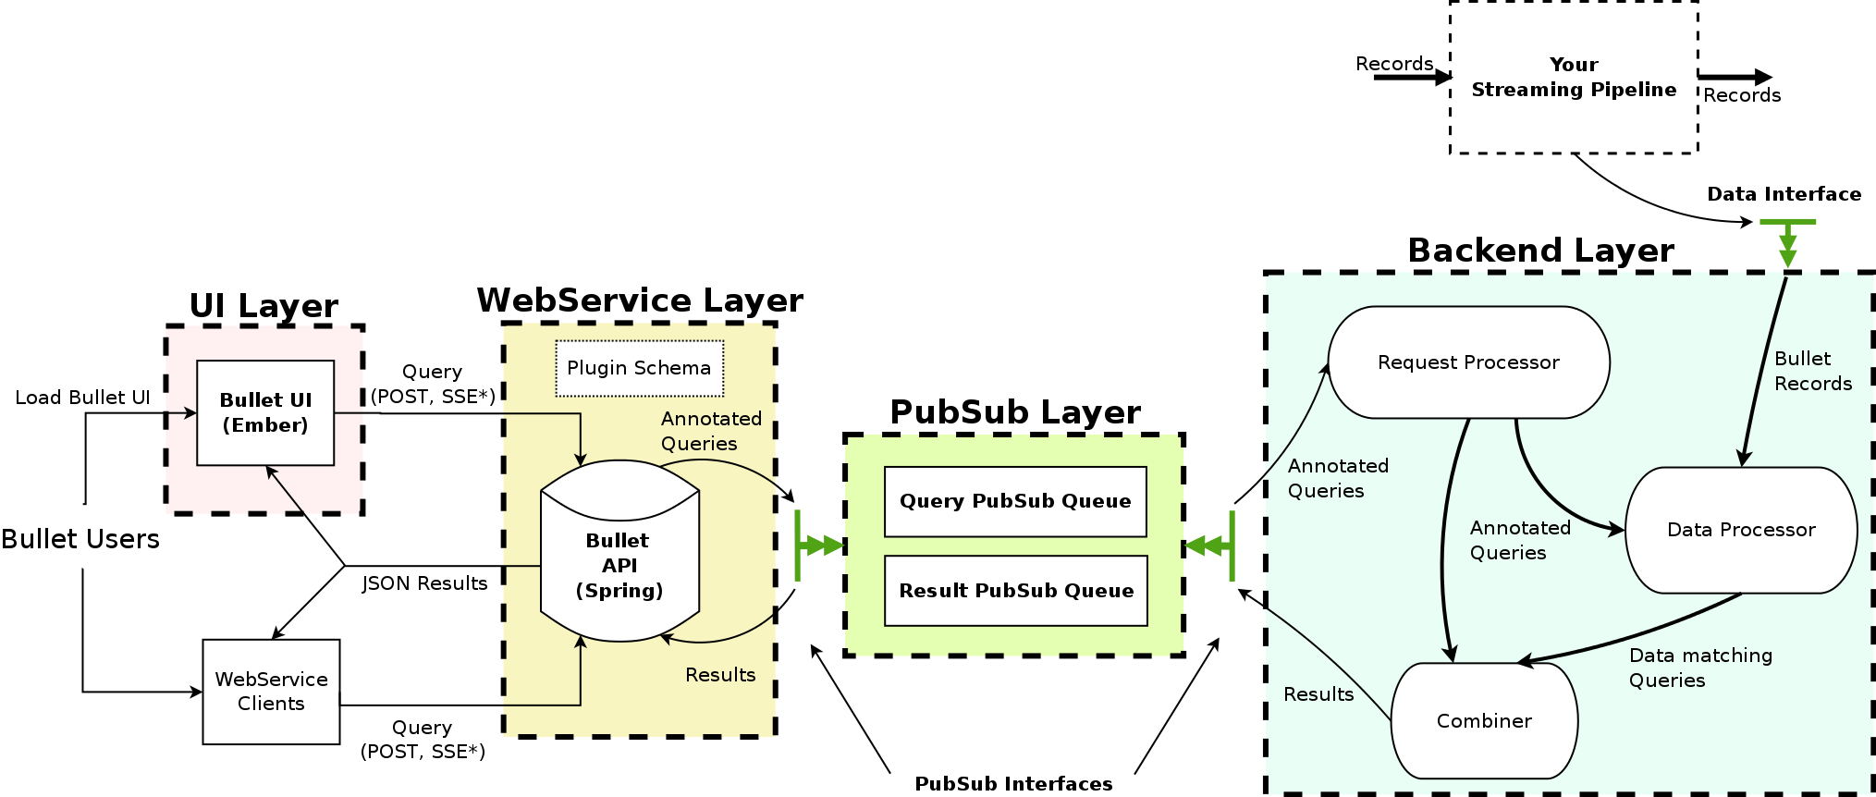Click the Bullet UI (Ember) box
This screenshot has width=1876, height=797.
265,412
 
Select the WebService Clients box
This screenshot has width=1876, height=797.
271,692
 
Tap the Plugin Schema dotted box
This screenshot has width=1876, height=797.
639,368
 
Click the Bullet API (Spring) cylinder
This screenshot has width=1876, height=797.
619,564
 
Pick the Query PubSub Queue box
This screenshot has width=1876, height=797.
1015,501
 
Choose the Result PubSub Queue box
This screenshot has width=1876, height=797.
1015,591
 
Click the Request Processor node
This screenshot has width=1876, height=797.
1468,362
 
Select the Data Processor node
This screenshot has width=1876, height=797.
1741,530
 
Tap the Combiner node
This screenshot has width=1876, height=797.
1484,721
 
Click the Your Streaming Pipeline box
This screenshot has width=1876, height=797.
1574,78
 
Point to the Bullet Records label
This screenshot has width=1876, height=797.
1812,371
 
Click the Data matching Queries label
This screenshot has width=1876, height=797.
1699,668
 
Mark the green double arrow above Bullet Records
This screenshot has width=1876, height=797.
1787,244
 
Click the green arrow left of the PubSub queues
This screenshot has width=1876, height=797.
818,546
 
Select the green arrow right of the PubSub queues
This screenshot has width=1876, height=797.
1209,546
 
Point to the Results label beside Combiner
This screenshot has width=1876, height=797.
1318,694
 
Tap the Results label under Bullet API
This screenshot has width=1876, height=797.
720,675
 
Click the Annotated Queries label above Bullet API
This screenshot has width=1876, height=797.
710,431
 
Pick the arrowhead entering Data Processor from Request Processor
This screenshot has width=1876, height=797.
1617,530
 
